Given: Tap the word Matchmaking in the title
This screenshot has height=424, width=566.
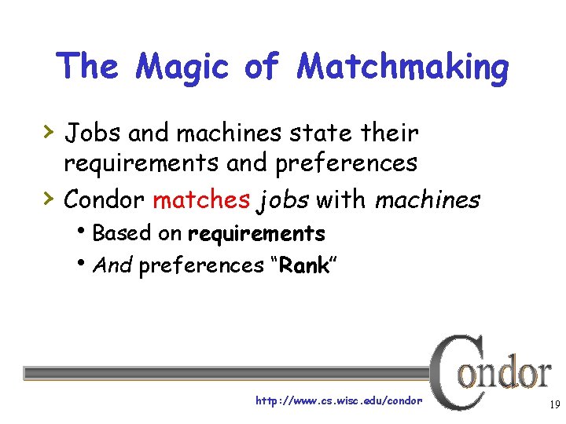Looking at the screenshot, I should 402,68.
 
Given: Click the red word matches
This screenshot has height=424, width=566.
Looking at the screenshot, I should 200,199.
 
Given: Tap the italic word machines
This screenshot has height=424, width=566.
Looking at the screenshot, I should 427,199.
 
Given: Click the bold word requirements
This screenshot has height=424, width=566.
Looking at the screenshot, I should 256,234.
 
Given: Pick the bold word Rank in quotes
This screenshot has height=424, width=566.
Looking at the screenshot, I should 303,266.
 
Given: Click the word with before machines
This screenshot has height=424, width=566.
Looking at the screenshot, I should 341,199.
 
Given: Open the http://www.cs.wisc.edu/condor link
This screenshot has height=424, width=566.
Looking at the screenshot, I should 339,401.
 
